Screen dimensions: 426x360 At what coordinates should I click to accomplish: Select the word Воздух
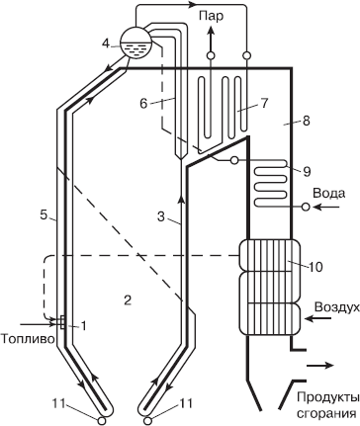(x=334, y=308)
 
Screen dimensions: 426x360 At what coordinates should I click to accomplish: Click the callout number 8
(x=308, y=122)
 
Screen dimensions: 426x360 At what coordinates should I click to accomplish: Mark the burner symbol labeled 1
(x=61, y=322)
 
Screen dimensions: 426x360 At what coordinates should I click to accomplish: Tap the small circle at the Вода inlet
(x=306, y=207)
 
